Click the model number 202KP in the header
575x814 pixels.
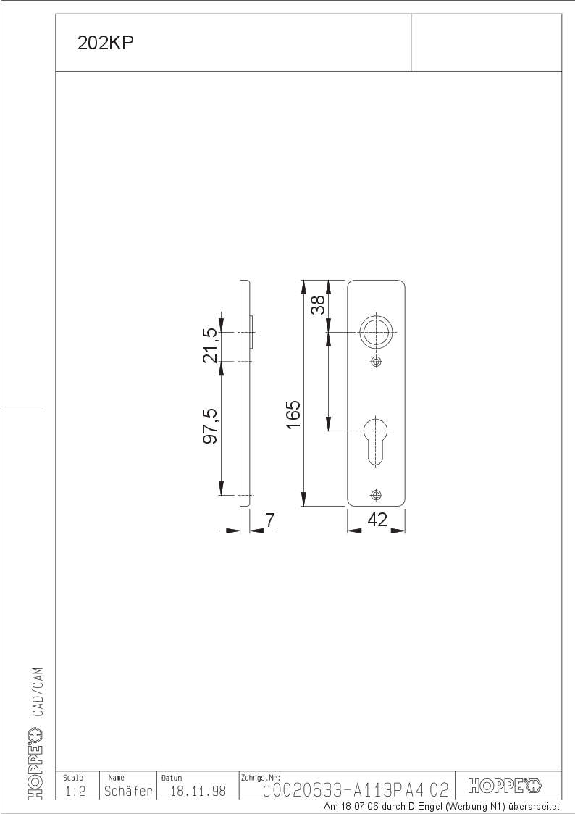pyautogui.click(x=105, y=43)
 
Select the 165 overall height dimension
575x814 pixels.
pyautogui.click(x=293, y=415)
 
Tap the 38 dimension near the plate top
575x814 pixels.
pyautogui.click(x=318, y=304)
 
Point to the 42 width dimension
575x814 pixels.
pyautogui.click(x=377, y=519)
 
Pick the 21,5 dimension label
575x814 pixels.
pyautogui.click(x=211, y=345)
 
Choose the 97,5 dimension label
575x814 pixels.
pyautogui.click(x=211, y=425)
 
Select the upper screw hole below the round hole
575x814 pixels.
pyautogui.click(x=376, y=361)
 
